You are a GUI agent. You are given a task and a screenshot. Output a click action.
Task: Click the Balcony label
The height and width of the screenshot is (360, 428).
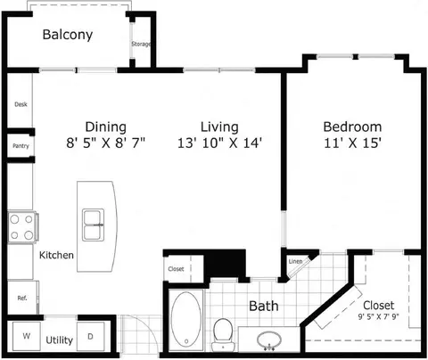tap(68, 35)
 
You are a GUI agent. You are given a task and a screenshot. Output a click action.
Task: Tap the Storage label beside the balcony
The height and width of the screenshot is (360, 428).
tap(141, 44)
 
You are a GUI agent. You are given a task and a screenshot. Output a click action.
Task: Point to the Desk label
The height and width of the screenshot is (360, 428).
tap(21, 104)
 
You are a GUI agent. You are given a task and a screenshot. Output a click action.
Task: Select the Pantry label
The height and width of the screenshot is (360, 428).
tap(21, 146)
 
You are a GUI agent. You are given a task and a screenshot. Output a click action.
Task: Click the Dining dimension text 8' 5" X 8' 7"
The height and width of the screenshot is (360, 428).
tap(105, 143)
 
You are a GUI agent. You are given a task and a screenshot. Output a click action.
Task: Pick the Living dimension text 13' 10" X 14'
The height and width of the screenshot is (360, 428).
tap(219, 143)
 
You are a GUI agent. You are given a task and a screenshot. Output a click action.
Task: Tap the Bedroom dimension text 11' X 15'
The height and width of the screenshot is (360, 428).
tap(352, 143)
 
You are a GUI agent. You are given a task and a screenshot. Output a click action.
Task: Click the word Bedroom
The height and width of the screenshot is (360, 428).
tap(352, 127)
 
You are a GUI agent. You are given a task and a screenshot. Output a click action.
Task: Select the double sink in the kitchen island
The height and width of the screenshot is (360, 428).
tap(94, 225)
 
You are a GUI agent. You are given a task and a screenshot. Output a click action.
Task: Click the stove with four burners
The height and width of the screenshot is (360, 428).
tap(22, 227)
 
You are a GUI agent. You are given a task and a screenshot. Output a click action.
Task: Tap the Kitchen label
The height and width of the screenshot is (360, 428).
tap(56, 255)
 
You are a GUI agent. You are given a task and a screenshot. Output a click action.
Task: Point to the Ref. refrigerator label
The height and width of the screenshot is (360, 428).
tap(22, 298)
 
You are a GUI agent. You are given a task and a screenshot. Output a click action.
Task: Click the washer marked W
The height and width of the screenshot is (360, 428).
tap(27, 336)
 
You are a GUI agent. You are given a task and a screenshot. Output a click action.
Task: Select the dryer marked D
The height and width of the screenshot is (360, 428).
tap(91, 336)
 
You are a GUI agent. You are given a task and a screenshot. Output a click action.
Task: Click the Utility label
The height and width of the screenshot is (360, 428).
tap(60, 340)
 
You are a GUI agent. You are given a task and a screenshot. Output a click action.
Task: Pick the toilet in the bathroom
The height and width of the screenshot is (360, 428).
tap(223, 334)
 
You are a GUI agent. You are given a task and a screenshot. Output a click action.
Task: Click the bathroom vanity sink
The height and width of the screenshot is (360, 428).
tap(269, 340)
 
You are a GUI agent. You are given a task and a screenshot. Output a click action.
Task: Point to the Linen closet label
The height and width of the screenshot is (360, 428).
tap(295, 261)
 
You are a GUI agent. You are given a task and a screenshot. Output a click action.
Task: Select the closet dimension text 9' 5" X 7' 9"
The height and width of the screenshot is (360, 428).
tap(378, 316)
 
